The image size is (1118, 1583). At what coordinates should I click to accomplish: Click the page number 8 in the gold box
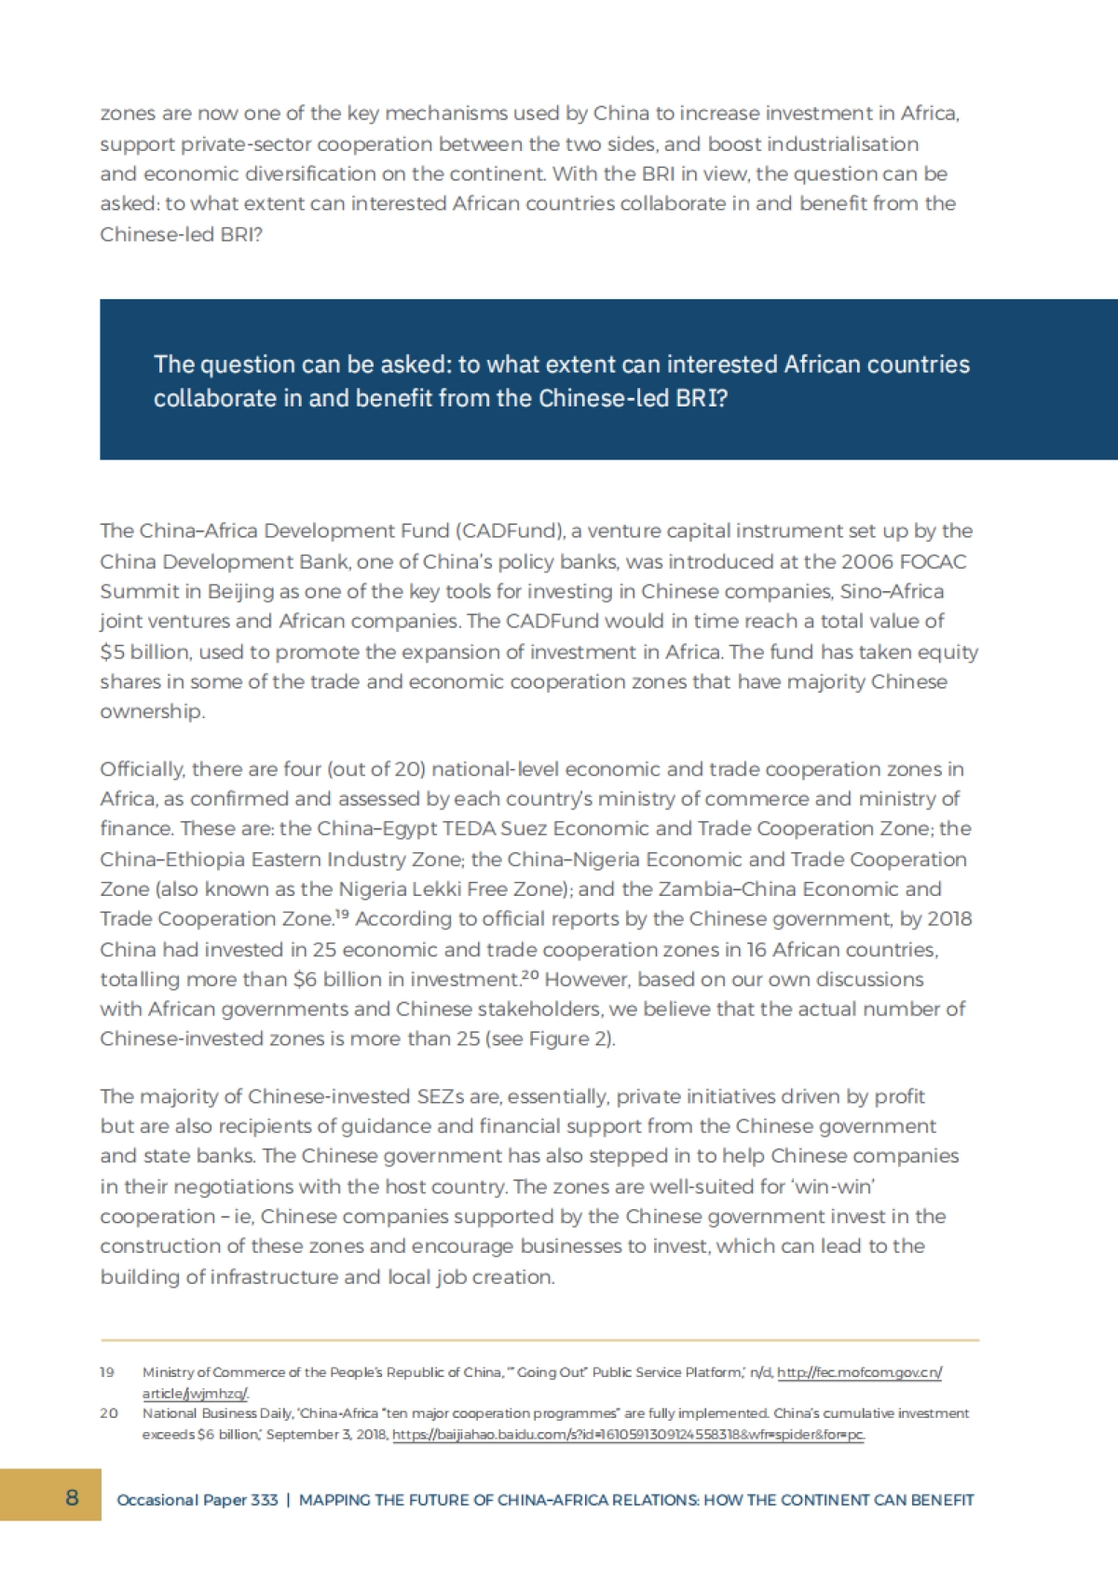pyautogui.click(x=72, y=1498)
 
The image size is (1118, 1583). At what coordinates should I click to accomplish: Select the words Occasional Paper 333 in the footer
pyautogui.click(x=197, y=1500)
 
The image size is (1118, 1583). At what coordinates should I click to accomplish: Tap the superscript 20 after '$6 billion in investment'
pyautogui.click(x=530, y=975)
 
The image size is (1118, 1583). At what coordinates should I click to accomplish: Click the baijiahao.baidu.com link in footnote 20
pyautogui.click(x=628, y=1435)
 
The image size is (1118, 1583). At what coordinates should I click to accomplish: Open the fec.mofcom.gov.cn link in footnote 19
pyautogui.click(x=859, y=1372)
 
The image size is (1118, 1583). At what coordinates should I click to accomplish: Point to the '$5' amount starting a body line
pyautogui.click(x=112, y=652)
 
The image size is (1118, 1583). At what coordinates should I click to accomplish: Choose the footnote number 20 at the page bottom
pyautogui.click(x=109, y=1413)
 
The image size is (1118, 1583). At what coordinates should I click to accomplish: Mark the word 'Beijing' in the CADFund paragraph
pyautogui.click(x=241, y=591)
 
